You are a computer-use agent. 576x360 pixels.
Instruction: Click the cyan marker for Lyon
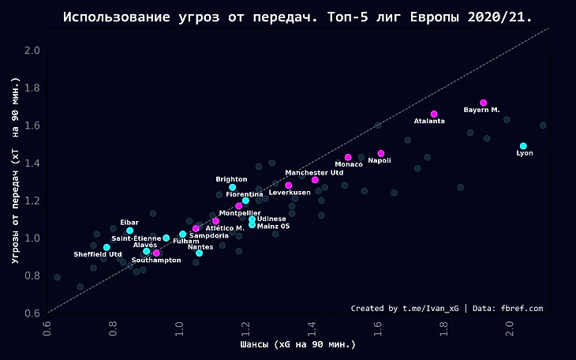[x=523, y=146]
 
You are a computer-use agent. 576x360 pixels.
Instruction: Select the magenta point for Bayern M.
[x=484, y=103]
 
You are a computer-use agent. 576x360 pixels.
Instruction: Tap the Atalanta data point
[x=434, y=114]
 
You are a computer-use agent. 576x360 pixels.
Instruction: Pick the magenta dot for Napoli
[x=381, y=153]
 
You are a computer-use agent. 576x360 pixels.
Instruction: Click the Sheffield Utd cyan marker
[x=107, y=247]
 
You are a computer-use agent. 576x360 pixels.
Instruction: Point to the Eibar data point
[x=130, y=231]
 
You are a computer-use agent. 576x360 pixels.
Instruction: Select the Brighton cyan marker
[x=233, y=187]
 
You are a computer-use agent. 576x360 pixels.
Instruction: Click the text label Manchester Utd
[x=314, y=172]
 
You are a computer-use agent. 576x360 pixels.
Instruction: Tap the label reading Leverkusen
[x=289, y=192]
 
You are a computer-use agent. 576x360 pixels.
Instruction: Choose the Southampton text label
[x=156, y=260]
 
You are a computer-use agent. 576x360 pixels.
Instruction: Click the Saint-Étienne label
[x=137, y=238]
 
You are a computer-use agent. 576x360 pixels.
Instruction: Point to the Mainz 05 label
[x=273, y=226]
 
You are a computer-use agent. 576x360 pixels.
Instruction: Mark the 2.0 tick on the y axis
[x=33, y=51]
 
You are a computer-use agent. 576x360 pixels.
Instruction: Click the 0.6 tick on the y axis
[x=33, y=313]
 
